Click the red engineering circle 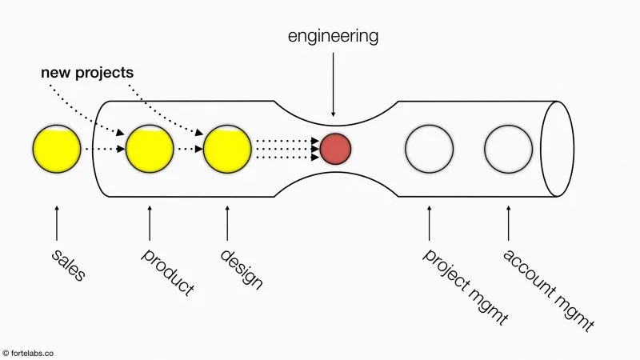(x=336, y=148)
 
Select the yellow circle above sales (x=57, y=149)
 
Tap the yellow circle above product (x=150, y=149)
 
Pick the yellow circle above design (x=227, y=149)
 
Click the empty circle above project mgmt (x=429, y=149)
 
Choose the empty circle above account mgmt (x=508, y=149)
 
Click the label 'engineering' (x=334, y=36)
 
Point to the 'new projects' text (x=87, y=73)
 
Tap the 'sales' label (x=68, y=266)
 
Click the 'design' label (x=241, y=269)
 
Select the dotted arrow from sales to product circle (x=103, y=149)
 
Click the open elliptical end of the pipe (x=557, y=149)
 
